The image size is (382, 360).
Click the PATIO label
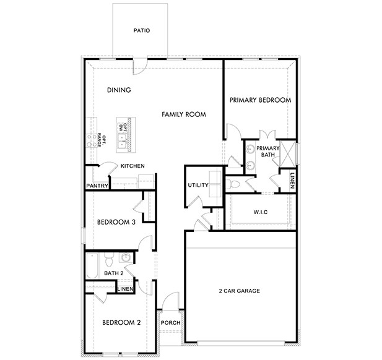click(142, 30)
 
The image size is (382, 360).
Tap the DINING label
click(118, 90)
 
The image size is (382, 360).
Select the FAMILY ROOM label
click(184, 114)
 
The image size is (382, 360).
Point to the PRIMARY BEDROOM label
click(260, 100)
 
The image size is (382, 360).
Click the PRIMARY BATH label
click(267, 152)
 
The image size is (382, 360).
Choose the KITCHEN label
click(132, 166)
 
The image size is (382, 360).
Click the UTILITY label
click(198, 186)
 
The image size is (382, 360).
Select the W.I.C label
click(260, 212)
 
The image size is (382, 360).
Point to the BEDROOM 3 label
click(116, 222)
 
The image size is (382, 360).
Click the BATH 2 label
click(114, 273)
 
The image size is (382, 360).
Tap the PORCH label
click(170, 323)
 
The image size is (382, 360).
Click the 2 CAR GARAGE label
click(239, 291)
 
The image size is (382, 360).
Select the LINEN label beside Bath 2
click(126, 289)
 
